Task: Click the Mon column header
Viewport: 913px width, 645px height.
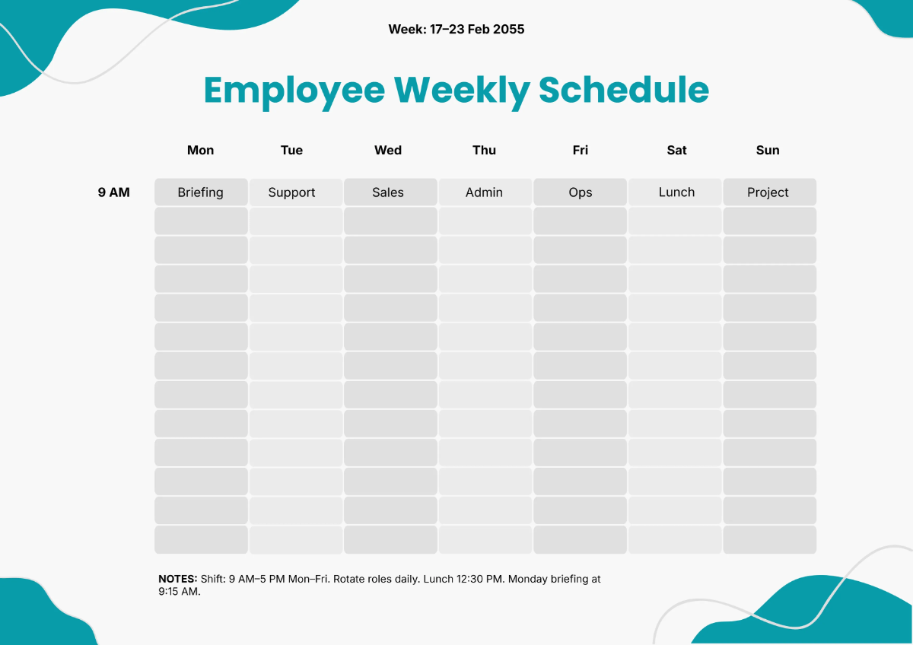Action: (x=200, y=151)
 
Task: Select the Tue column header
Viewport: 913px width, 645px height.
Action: (x=291, y=151)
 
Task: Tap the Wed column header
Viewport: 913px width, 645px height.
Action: (x=388, y=151)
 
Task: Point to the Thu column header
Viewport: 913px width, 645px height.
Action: (x=484, y=151)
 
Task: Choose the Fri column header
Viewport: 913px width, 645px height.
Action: (x=580, y=151)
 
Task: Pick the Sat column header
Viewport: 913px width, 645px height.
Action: (x=676, y=151)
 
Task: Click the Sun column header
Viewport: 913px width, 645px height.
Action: (x=768, y=151)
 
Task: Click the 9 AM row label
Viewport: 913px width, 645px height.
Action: (x=113, y=192)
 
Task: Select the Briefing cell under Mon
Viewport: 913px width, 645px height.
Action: (x=201, y=192)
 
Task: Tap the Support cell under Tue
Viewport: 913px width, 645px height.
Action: (x=292, y=192)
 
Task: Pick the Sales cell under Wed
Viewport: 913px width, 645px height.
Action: (x=388, y=192)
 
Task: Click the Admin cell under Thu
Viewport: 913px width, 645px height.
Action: (x=484, y=192)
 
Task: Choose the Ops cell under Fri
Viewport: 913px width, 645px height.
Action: (x=580, y=192)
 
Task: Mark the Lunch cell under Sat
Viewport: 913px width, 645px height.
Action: (x=676, y=192)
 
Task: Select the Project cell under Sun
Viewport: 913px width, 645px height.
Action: (x=768, y=192)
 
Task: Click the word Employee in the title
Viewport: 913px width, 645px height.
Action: (x=294, y=91)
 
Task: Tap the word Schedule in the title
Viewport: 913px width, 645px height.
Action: (x=624, y=90)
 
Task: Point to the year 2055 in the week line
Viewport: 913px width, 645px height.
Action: (x=508, y=30)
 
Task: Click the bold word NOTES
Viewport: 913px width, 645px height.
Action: (x=177, y=579)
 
